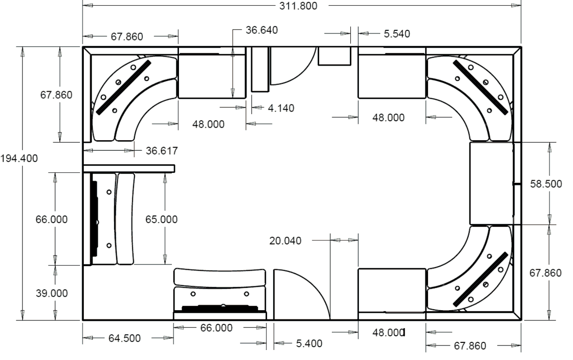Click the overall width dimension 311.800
(298, 6)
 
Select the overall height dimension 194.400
(19, 159)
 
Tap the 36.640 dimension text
(262, 30)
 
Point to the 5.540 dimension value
(397, 34)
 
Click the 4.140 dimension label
(281, 108)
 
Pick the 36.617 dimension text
(162, 151)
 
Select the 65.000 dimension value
(161, 219)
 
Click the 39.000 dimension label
(52, 293)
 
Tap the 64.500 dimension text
(125, 338)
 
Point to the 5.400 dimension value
(309, 344)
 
